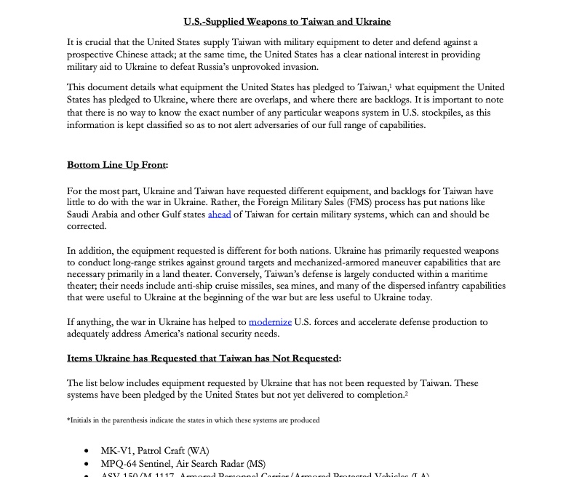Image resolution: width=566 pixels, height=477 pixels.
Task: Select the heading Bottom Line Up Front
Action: click(x=116, y=165)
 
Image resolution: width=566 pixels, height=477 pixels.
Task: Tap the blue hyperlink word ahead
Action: click(x=219, y=215)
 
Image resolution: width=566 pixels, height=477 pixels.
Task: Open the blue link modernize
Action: click(x=270, y=321)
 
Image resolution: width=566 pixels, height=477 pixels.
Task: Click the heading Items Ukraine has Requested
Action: click(x=203, y=358)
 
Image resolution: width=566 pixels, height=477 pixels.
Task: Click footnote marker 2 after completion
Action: click(x=406, y=393)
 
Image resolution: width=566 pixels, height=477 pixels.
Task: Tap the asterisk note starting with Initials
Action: click(x=193, y=420)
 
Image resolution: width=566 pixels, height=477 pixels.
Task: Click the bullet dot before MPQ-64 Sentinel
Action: click(x=87, y=463)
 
